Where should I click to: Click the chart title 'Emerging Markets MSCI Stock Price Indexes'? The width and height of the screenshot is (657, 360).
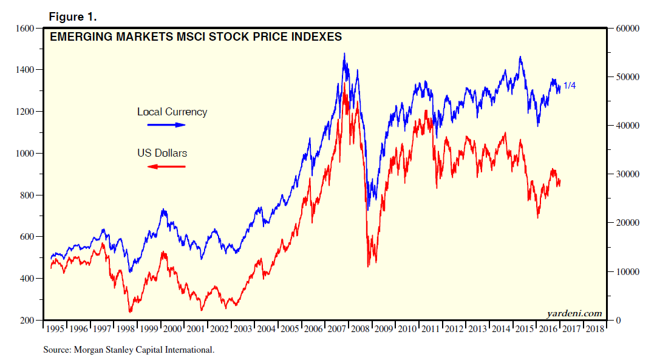[196, 37]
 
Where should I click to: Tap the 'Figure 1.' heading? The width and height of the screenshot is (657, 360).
[73, 16]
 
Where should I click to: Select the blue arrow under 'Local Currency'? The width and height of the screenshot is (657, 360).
[166, 124]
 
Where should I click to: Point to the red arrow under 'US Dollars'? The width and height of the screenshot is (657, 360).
[166, 166]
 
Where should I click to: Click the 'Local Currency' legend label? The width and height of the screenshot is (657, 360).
[172, 112]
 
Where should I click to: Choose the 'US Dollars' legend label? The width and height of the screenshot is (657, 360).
[162, 153]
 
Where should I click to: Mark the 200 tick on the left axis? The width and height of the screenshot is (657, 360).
[27, 320]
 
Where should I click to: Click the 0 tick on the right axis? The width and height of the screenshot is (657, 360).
[617, 320]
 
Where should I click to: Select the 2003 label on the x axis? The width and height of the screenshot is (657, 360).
[242, 329]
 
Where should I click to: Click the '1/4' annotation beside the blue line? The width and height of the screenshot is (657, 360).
[570, 86]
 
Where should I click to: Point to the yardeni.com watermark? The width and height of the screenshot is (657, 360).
[574, 313]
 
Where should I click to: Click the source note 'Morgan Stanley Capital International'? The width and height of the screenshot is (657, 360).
[129, 350]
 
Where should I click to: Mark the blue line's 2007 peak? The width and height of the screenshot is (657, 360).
[344, 53]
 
